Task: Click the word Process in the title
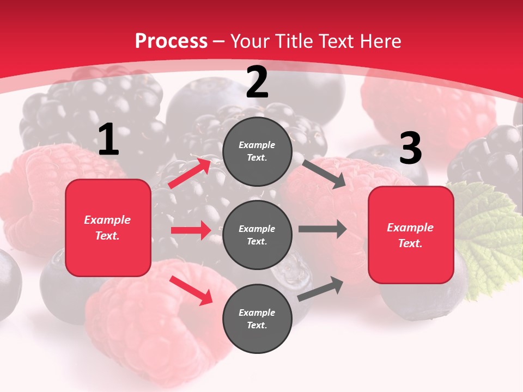[171, 41]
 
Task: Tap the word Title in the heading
[294, 41]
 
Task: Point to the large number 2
[257, 82]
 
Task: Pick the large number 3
[410, 149]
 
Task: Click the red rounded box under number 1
[108, 228]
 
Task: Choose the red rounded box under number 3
[411, 235]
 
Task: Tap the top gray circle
[257, 151]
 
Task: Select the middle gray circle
[257, 235]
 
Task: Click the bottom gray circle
[257, 318]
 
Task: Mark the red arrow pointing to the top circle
[190, 173]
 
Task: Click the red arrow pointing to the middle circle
[191, 230]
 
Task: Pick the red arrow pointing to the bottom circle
[191, 290]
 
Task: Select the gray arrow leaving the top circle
[324, 174]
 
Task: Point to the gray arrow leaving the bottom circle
[320, 289]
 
